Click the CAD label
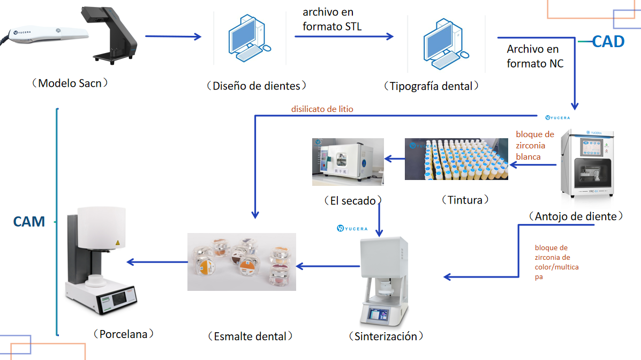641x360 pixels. point(608,42)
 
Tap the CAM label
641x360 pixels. point(29,221)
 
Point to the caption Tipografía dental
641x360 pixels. point(431,86)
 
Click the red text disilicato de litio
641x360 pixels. point(322,109)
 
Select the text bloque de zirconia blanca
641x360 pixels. point(534,145)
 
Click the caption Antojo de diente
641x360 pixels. point(576,216)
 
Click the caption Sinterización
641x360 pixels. point(386,336)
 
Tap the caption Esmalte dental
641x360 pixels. point(250,336)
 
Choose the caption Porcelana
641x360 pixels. point(123,334)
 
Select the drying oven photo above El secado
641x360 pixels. point(348,162)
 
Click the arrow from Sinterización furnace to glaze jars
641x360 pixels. point(328,266)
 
